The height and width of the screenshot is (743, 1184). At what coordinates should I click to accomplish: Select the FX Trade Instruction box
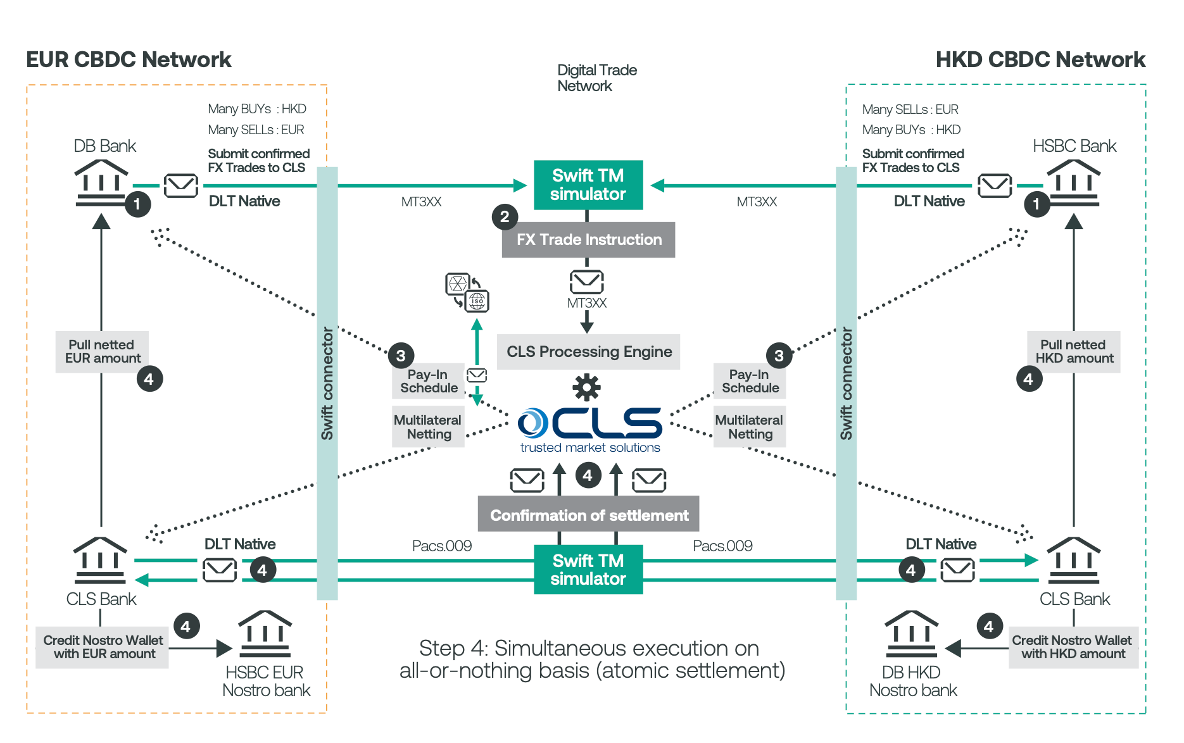[x=588, y=240]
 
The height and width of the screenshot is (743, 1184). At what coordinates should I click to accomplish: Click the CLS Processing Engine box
[x=588, y=352]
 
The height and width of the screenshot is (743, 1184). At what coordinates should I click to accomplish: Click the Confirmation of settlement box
[x=588, y=515]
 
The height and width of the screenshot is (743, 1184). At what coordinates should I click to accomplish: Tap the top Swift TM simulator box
[x=588, y=185]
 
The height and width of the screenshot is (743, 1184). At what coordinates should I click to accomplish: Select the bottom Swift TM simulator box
[x=588, y=570]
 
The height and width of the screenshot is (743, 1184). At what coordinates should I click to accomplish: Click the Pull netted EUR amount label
[x=102, y=352]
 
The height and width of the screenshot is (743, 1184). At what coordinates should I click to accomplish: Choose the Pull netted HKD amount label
[x=1074, y=352]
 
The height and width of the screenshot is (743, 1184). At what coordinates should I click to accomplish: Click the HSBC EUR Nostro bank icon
[x=265, y=634]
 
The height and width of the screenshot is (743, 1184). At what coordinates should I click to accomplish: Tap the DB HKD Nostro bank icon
[x=911, y=634]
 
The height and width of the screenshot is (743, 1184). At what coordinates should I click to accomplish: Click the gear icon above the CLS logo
[x=587, y=387]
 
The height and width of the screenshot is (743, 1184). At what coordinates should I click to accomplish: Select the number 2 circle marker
[x=505, y=217]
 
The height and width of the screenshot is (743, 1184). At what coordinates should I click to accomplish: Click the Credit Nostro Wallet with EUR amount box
[x=102, y=647]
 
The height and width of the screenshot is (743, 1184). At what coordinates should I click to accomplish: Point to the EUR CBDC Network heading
[x=129, y=59]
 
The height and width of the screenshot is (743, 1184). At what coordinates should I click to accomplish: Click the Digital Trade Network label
[x=597, y=78]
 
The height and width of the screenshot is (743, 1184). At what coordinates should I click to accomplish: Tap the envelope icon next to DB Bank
[x=181, y=185]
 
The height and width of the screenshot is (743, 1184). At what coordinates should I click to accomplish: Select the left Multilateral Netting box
[x=428, y=427]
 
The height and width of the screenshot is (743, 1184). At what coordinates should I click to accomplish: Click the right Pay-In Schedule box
[x=750, y=381]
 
